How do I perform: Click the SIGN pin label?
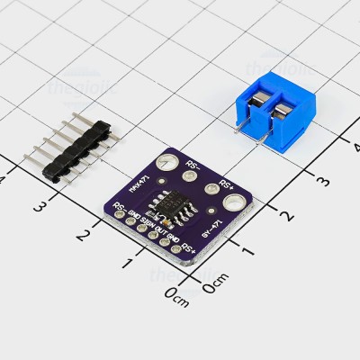pyautogui.click(x=146, y=219)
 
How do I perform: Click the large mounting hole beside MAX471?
pyautogui.click(x=164, y=163)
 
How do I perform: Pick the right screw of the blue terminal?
pyautogui.click(x=284, y=112)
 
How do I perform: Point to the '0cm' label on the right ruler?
pyautogui.click(x=214, y=288)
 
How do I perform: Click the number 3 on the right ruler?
pyautogui.click(x=321, y=179)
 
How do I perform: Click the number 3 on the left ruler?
pyautogui.click(x=39, y=206)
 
